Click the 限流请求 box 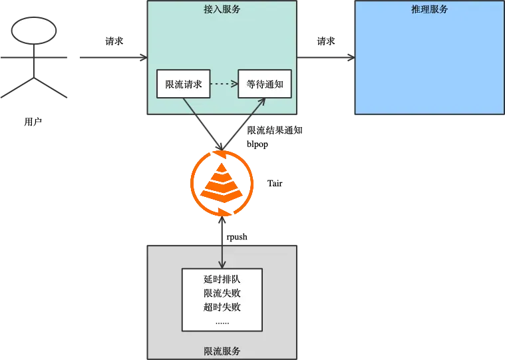pos(183,84)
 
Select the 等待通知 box pos(265,84)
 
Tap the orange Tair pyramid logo pos(222,183)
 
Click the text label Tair pos(275,183)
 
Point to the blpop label pos(257,144)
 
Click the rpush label pos(237,237)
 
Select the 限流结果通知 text pos(275,130)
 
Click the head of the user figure pos(34,31)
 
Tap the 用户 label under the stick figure pos(33,122)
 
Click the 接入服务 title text pos(222,9)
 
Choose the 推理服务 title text pos(430,9)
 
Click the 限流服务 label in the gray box pos(222,351)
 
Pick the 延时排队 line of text pos(222,279)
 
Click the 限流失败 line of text pos(222,293)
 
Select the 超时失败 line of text pos(222,307)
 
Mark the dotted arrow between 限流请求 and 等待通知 pos(224,84)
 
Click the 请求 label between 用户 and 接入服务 pos(114,41)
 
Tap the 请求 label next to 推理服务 pos(326,41)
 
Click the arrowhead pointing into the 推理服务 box pos(351,58)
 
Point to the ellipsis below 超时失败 pos(222,323)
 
